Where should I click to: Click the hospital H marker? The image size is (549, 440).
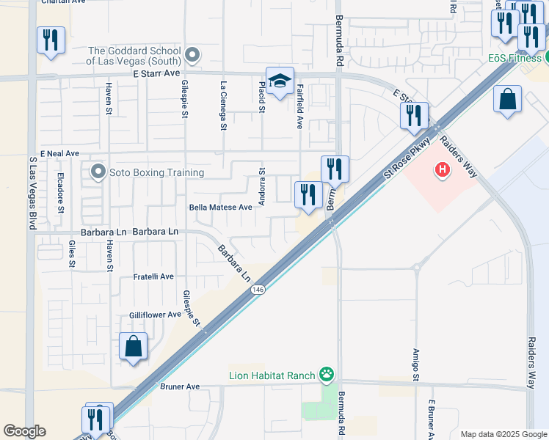point(442,171)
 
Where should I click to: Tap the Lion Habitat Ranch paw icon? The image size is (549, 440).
point(327,375)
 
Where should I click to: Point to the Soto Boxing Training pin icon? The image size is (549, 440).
point(98,172)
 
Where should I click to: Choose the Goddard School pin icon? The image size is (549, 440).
point(192,55)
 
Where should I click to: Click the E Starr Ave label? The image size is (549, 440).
point(156,73)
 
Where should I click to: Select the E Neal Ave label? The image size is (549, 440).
point(60,153)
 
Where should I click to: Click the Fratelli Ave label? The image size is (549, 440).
point(153,276)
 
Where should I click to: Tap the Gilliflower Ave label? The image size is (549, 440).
point(156,315)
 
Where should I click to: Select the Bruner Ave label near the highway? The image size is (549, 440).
point(180,386)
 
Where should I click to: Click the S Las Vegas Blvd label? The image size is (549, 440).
point(32,192)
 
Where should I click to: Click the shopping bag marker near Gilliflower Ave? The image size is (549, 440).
point(133,346)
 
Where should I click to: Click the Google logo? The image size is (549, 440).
point(24,431)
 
